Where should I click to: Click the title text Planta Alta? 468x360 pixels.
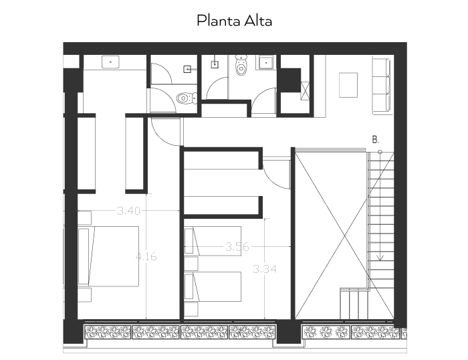(x=234, y=21)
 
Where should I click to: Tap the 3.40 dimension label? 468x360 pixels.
(x=128, y=211)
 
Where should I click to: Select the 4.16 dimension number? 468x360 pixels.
(x=146, y=257)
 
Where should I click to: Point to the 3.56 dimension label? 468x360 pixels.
(x=237, y=247)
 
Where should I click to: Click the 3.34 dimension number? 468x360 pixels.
(x=265, y=269)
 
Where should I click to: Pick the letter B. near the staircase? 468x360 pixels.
(x=376, y=140)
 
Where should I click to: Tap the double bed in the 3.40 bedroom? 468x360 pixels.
(x=108, y=256)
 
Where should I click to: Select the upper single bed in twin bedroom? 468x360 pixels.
(x=213, y=241)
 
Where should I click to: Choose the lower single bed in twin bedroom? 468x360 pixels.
(x=213, y=286)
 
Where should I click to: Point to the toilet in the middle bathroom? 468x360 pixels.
(x=241, y=65)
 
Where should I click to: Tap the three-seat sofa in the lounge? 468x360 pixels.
(x=381, y=86)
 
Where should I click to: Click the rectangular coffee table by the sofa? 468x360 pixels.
(x=348, y=85)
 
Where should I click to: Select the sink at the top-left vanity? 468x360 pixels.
(x=110, y=62)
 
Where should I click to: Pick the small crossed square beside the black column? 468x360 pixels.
(x=305, y=91)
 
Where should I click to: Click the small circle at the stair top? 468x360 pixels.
(x=380, y=152)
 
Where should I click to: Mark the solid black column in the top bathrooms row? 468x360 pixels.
(x=289, y=80)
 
